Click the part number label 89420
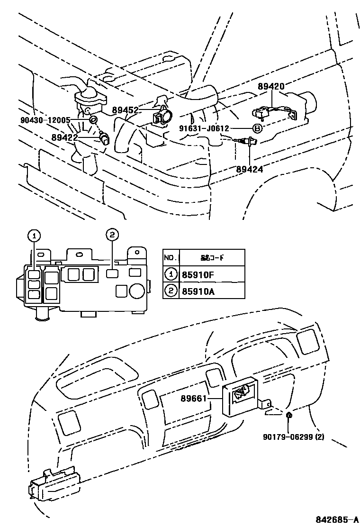click(271, 87)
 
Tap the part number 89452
click(125, 110)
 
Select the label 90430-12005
click(45, 120)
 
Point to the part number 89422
click(65, 137)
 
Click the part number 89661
click(193, 399)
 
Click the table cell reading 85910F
click(195, 274)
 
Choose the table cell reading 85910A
click(195, 291)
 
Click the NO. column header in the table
click(170, 258)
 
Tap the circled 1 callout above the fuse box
click(35, 235)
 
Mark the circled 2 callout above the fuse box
click(111, 234)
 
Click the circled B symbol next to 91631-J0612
click(256, 128)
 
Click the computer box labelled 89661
click(241, 398)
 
